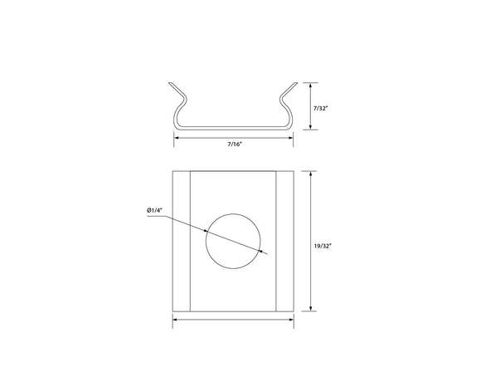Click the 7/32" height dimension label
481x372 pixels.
(x=319, y=107)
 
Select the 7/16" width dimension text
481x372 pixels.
(x=234, y=144)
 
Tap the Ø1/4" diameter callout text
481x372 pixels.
(x=155, y=211)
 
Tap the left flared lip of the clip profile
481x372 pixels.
(x=176, y=89)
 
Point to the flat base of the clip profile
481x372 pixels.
(x=234, y=128)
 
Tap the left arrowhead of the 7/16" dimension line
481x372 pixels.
(x=176, y=138)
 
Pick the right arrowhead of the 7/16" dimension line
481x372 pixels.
(x=292, y=138)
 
